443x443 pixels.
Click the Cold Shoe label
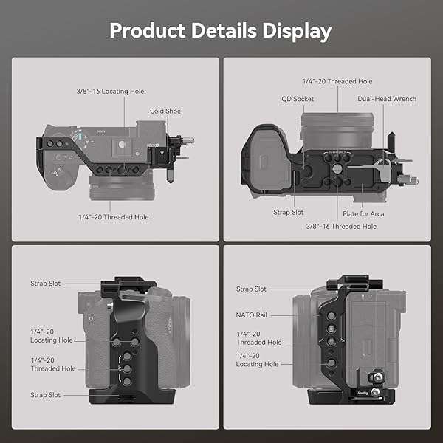(165, 111)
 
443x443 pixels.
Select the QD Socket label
(298, 99)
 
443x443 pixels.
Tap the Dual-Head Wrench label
(387, 99)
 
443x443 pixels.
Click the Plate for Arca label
(363, 214)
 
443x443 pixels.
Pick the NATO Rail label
(252, 315)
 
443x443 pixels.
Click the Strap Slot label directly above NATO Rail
(252, 289)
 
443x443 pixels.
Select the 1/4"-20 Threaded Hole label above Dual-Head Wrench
(337, 80)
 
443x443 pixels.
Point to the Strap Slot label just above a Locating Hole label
(45, 284)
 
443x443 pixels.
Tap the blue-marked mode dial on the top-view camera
(79, 136)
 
